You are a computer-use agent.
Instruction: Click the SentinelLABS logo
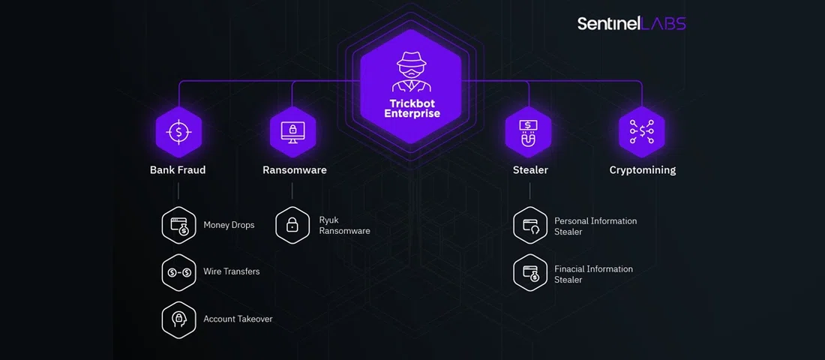[631, 24]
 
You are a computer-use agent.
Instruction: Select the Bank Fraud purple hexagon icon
[178, 132]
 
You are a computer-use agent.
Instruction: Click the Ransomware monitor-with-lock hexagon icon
[292, 132]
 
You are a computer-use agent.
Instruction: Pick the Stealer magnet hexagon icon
[529, 132]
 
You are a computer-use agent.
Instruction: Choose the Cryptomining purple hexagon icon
[642, 132]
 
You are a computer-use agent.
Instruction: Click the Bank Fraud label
[178, 170]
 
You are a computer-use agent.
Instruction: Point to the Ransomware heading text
[295, 170]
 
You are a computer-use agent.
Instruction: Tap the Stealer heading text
[530, 170]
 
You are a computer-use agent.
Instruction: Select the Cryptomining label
[643, 170]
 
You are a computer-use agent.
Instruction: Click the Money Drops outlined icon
[178, 225]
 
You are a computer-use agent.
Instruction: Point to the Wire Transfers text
[232, 271]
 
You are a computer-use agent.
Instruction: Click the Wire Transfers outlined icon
[178, 272]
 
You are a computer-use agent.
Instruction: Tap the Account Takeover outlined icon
[178, 319]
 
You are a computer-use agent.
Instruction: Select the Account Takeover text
[238, 319]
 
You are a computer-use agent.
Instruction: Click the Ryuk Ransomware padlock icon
[292, 225]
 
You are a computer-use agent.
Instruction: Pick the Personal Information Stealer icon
[530, 225]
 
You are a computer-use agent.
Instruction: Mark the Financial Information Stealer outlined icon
[530, 273]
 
